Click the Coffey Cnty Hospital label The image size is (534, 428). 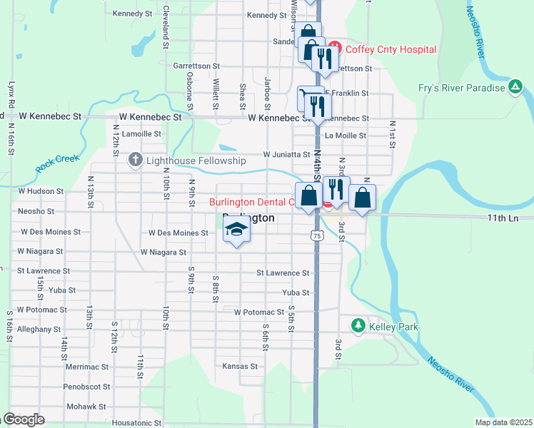391,49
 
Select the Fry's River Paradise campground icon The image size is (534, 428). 515,88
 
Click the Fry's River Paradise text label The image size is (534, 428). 461,88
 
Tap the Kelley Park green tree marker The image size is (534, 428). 358,326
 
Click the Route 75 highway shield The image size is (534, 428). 315,234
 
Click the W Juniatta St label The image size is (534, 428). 286,154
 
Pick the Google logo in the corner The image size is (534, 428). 24,419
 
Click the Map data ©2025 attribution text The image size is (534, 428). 503,422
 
